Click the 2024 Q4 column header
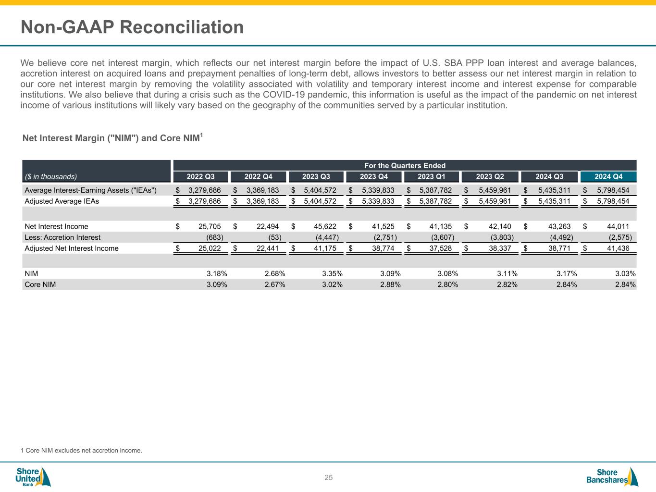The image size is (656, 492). click(x=608, y=177)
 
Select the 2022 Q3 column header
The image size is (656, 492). click(x=200, y=177)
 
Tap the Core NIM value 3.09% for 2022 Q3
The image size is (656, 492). click(x=217, y=284)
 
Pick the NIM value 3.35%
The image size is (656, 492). click(x=332, y=273)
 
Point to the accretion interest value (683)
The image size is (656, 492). click(x=214, y=237)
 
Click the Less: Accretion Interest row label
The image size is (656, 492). click(x=62, y=237)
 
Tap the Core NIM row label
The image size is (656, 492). click(x=40, y=284)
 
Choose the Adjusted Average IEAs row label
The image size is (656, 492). click(x=62, y=201)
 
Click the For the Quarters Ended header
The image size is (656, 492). click(x=404, y=165)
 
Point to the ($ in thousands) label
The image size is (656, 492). click(x=50, y=176)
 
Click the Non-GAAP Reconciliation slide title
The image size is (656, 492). click(x=132, y=27)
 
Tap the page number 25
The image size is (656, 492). click(x=328, y=478)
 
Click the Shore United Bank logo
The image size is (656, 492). click(x=33, y=477)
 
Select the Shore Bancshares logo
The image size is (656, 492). click(x=612, y=477)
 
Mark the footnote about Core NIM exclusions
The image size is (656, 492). click(x=81, y=451)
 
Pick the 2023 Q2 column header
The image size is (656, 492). click(x=490, y=177)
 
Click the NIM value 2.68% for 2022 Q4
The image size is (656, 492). click(x=275, y=273)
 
